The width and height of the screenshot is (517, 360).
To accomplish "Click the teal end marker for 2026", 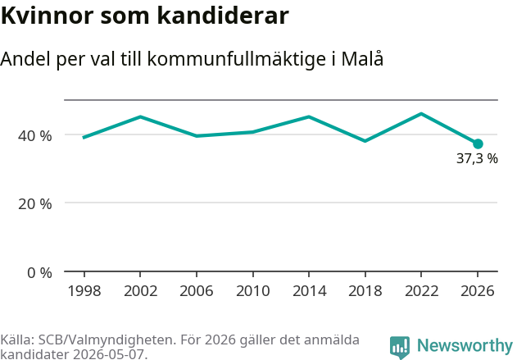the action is tap(478, 144).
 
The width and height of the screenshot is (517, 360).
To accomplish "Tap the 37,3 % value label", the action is tap(477, 159).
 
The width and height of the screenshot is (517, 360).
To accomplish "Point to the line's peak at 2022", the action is tap(421, 114).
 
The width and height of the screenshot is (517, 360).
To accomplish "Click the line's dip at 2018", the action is tap(365, 141).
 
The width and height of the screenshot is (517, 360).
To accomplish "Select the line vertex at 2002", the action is tap(140, 116).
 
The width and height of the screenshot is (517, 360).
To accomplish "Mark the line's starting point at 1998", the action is tap(84, 138).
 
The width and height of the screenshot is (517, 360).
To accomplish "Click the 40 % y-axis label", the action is tap(35, 135).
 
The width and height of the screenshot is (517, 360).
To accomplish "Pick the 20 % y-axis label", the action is tap(35, 204).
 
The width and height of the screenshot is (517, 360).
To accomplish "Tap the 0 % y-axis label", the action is tap(39, 273).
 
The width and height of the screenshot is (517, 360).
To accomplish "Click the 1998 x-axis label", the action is tap(84, 291).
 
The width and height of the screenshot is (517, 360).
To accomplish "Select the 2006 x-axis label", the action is tap(197, 291).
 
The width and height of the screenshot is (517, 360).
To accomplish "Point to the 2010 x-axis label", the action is tap(253, 291).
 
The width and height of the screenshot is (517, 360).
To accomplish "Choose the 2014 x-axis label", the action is tap(309, 291).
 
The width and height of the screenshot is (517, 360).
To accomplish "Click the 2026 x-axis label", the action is tap(478, 291).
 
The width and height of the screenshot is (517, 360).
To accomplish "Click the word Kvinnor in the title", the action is tap(48, 16).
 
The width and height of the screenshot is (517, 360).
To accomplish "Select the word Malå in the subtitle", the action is tap(362, 58).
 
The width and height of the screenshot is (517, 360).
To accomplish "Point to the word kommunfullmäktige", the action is tap(237, 59).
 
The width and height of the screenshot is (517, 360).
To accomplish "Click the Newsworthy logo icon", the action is tap(400, 348).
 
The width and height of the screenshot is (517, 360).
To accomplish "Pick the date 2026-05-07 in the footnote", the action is tap(108, 354).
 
